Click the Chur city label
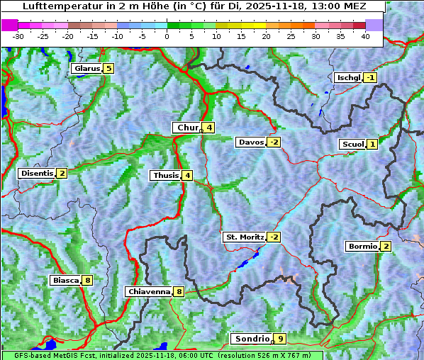188,128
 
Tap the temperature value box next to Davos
274,142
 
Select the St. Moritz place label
245,237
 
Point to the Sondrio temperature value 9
281,339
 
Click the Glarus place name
86,69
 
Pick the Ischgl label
348,77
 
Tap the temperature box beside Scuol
372,145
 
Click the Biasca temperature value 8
87,281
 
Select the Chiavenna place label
149,291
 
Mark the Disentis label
37,173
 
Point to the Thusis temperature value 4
186,175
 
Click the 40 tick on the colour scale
366,36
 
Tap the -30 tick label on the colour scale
18,36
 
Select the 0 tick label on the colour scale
167,36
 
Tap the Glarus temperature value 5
108,69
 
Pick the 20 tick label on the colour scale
267,36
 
